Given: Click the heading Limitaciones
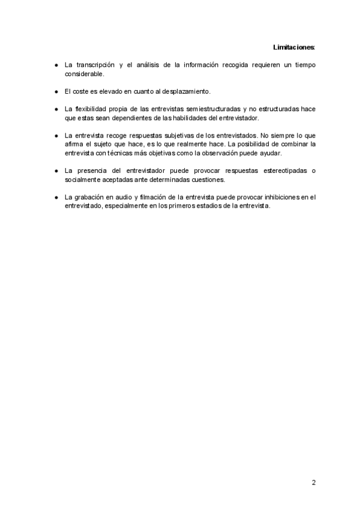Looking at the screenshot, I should coord(294,47).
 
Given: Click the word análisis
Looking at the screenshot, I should coord(155,64).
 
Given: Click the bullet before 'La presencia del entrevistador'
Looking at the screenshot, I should coord(55,171).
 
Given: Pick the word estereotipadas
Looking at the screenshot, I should coord(277,171).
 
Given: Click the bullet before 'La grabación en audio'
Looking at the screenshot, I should coord(55,197).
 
